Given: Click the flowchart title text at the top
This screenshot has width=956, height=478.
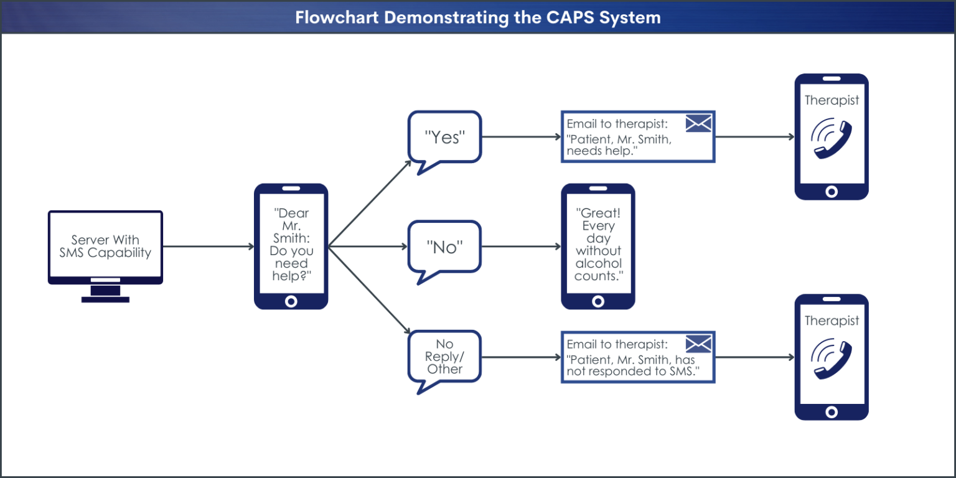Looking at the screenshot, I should click(477, 17).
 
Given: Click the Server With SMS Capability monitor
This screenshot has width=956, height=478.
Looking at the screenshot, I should click(105, 246).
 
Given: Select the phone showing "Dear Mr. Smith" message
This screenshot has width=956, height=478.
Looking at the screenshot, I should click(291, 246).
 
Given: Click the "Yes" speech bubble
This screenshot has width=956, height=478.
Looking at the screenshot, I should click(444, 138).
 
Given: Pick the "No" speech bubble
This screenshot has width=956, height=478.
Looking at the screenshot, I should click(444, 246).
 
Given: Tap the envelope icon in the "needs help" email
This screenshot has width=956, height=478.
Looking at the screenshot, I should click(698, 123).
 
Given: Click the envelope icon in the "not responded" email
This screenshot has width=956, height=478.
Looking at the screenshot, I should click(698, 344).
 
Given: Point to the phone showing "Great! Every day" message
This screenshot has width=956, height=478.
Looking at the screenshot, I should click(598, 246).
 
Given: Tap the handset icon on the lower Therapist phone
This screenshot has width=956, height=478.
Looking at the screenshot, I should click(831, 360).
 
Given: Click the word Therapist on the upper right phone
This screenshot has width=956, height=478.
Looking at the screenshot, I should click(832, 100).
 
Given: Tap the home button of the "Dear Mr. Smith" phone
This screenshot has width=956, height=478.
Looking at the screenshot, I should click(291, 302).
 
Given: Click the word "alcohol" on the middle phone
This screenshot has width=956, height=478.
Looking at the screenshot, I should click(598, 263).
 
